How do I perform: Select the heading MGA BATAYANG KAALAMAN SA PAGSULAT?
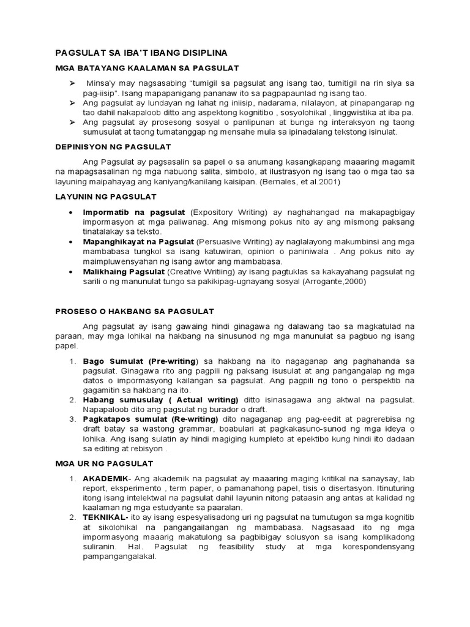click(x=147, y=67)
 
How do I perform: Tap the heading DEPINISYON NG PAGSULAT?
click(x=113, y=147)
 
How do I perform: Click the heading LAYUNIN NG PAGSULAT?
click(x=106, y=197)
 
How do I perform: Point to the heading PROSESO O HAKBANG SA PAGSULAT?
click(x=135, y=312)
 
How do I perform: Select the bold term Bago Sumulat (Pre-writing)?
click(x=140, y=361)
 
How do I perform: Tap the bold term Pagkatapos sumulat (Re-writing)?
click(x=151, y=419)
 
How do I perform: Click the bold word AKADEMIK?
click(x=105, y=478)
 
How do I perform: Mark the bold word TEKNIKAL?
click(x=103, y=517)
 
